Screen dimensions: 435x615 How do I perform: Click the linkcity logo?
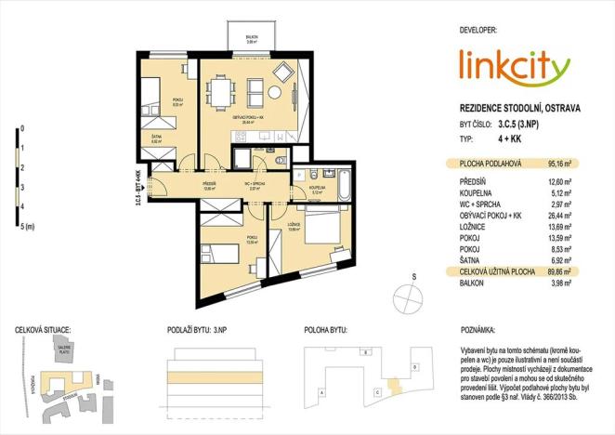(514, 67)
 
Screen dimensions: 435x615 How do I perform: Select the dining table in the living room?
(224, 93)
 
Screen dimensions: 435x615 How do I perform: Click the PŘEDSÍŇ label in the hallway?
(210, 184)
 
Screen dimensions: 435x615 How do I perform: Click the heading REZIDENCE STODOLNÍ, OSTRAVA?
(519, 108)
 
